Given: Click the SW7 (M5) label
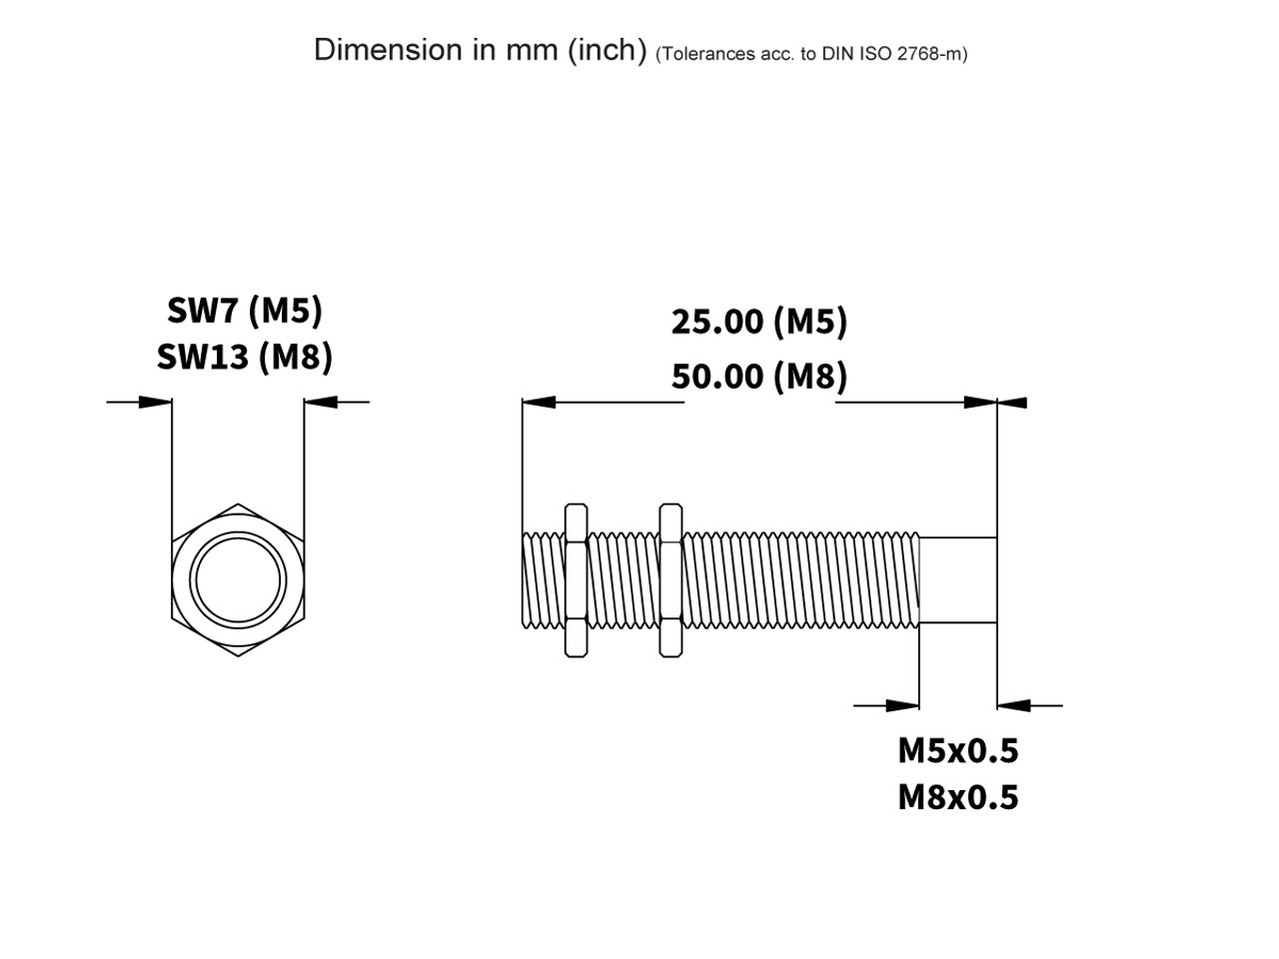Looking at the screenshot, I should pos(245,311).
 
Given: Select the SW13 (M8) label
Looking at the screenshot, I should pos(245,357).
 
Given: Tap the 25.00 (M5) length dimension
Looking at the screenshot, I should pos(758,322).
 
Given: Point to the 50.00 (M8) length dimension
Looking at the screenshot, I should pos(758,377).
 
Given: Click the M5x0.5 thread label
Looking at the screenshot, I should pos(957,749).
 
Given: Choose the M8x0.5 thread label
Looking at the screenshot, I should pos(957,797).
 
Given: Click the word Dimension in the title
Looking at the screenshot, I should pos(389,49).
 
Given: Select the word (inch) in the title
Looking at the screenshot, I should pos(608,50).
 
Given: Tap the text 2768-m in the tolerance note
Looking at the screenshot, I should pos(931,54).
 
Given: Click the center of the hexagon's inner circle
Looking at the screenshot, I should pos(238,580).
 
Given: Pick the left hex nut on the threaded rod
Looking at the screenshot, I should pos(576,580).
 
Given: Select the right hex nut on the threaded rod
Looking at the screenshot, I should pos(670,580).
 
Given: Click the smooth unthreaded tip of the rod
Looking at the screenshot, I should pos(957,580).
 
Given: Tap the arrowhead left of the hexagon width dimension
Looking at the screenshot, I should pos(155,403).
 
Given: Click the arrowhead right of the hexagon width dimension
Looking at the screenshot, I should pos(322,403).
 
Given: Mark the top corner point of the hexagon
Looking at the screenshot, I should pos(238,504).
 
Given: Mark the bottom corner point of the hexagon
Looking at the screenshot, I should pos(238,656).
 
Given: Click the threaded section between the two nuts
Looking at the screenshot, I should pos(623,580).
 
